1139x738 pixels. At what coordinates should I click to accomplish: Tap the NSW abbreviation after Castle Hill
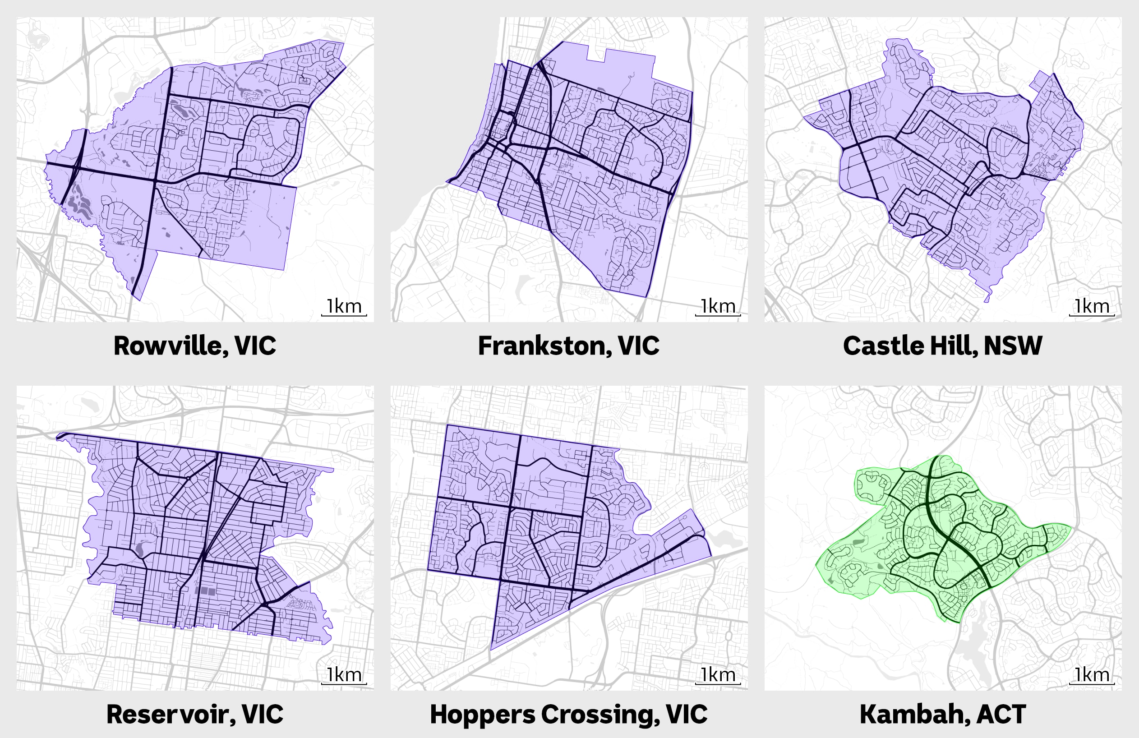pos(1013,346)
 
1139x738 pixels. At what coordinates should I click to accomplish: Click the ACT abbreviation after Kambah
pos(1001,714)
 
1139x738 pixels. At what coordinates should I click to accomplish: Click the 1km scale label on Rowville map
pos(344,306)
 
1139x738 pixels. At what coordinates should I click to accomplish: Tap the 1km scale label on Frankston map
pos(718,306)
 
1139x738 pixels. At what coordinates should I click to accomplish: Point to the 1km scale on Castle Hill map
pos(1092,306)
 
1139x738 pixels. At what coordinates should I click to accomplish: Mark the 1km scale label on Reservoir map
pos(344,675)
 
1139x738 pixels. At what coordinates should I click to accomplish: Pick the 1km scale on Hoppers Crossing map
pos(718,675)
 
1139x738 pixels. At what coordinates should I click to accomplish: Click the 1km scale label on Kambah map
pos(1092,675)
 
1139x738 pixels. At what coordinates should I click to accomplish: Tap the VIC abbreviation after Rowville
pos(255,346)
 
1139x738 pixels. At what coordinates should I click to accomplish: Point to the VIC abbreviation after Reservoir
pos(262,714)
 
